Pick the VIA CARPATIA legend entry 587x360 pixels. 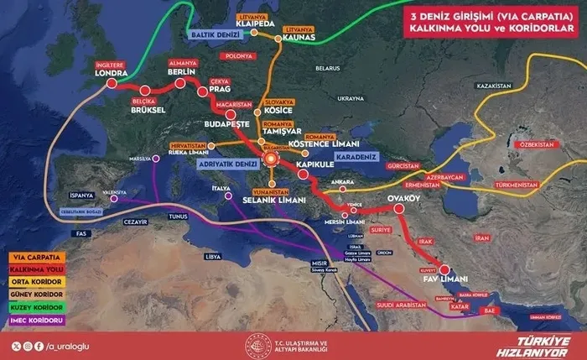point(35,257)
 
